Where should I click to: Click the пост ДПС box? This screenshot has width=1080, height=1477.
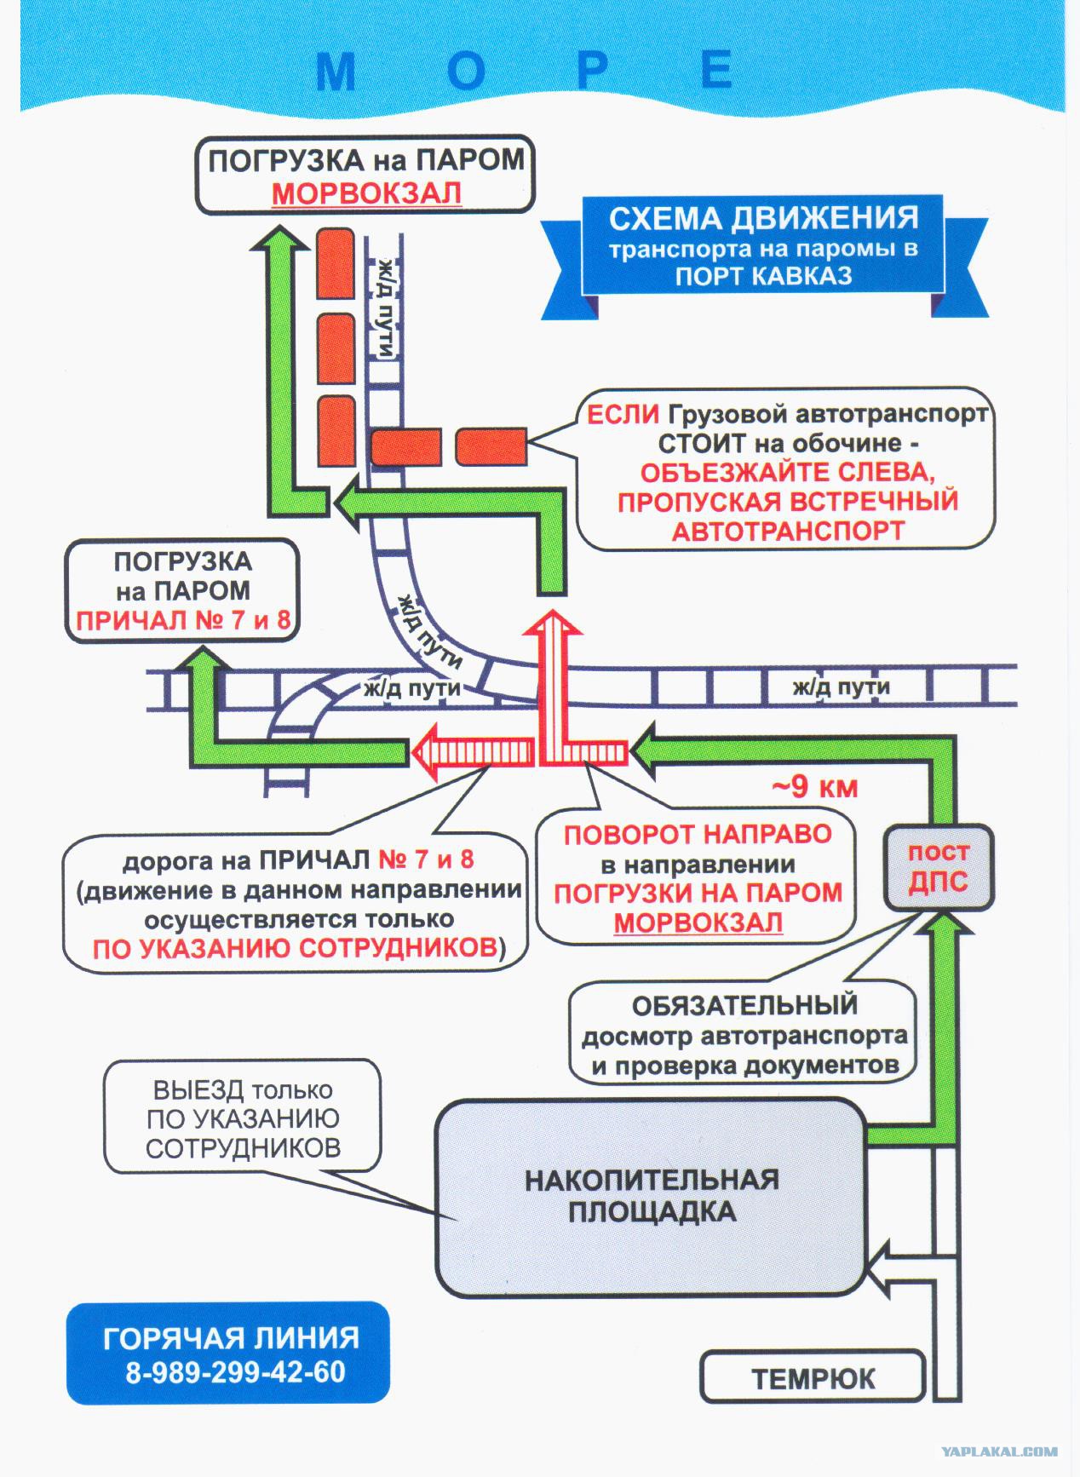tap(937, 866)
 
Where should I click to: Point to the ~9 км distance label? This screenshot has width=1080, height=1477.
tap(815, 786)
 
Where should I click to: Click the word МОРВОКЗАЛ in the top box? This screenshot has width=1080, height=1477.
tap(366, 193)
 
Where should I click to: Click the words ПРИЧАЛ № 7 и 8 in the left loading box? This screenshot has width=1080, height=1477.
tap(183, 620)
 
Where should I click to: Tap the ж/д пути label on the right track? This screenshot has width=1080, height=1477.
tap(841, 687)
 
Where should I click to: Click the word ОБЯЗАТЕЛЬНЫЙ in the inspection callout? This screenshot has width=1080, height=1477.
tap(744, 1005)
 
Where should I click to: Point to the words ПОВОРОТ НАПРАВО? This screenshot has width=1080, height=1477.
tap(698, 834)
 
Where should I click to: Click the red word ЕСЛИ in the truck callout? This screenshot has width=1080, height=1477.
tap(623, 415)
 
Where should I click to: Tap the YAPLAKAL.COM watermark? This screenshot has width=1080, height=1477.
tap(999, 1451)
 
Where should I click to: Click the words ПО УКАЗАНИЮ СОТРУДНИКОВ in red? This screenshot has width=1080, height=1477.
tap(295, 948)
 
